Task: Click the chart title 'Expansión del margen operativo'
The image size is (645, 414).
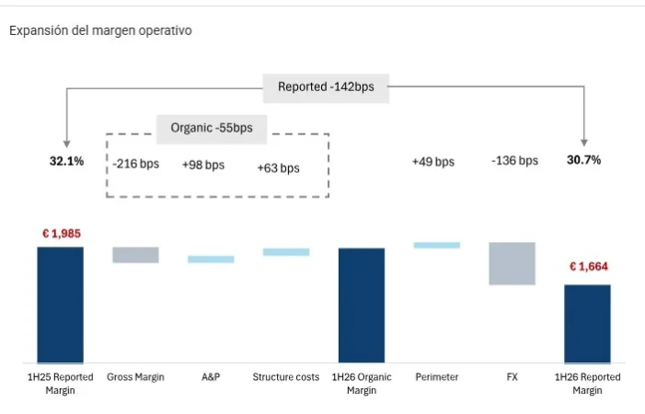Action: point(100,30)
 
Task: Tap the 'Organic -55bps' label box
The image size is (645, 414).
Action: point(212,128)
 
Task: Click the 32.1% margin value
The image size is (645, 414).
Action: point(66,161)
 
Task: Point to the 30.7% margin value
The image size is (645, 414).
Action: point(584,160)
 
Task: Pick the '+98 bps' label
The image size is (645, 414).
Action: point(202,165)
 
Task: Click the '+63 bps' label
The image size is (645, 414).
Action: point(278,167)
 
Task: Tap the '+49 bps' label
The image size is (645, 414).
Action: point(433,162)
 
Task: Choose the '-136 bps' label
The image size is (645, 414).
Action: point(514,161)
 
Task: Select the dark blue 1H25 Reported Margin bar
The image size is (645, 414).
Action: point(61,305)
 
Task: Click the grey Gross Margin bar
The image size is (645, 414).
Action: point(135,255)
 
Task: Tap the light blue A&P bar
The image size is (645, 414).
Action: point(211,259)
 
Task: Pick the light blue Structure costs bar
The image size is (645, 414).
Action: point(286,251)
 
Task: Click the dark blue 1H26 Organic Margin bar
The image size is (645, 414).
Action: point(362,305)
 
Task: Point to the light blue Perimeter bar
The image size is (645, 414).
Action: point(437,245)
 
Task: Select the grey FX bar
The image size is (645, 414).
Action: point(512,263)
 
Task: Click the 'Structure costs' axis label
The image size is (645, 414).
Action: point(286,377)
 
